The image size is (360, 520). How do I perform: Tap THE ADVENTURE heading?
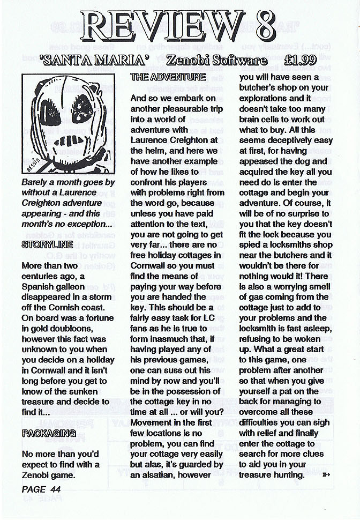(x=161, y=78)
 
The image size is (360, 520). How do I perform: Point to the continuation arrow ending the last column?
(x=327, y=474)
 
